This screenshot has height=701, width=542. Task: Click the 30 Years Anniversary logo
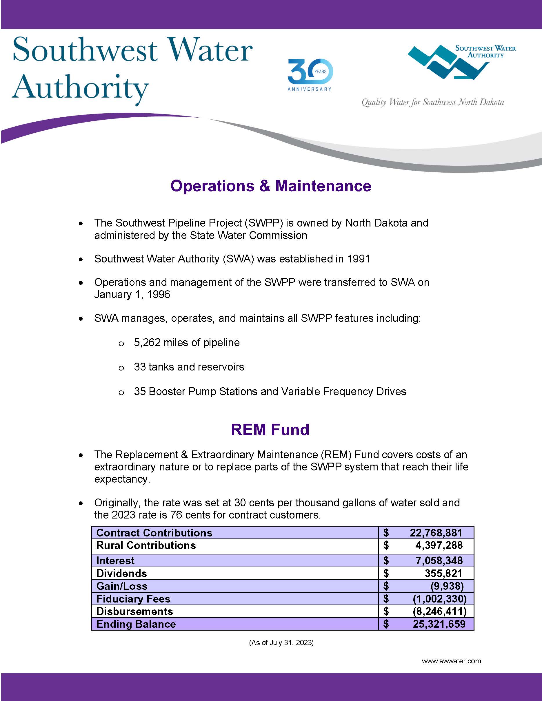[x=310, y=74]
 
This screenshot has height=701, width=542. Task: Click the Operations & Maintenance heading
[x=271, y=186]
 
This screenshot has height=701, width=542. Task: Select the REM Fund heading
[x=270, y=430]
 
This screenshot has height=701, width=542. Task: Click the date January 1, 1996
[x=132, y=294]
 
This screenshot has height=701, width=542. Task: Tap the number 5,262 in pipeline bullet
[x=147, y=342]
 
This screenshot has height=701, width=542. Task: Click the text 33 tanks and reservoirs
[x=189, y=367]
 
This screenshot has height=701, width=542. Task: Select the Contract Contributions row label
[x=154, y=533]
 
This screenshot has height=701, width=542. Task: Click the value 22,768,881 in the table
[x=436, y=533]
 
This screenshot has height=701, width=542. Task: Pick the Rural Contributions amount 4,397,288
[x=439, y=545]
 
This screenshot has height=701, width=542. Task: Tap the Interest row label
[x=115, y=561]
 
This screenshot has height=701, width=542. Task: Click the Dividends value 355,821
[x=443, y=573]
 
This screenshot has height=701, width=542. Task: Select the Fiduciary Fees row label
[x=133, y=599]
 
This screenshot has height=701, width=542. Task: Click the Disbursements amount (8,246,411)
[x=439, y=611]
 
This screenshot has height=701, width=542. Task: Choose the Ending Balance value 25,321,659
[x=439, y=624]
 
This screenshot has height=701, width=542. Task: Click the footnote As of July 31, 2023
[x=281, y=642]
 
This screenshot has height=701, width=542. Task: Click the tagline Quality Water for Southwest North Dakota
[x=432, y=102]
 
